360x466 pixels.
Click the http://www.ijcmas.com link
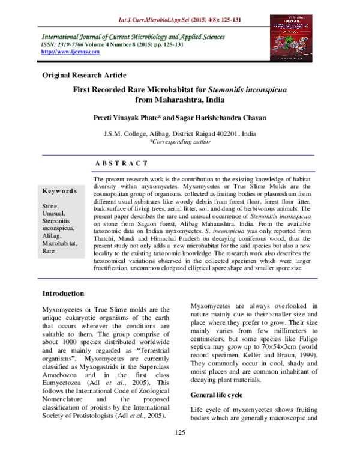(69, 52)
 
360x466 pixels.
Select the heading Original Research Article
(83, 75)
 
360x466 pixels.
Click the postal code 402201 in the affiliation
(226, 133)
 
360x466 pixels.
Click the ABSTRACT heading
(121, 163)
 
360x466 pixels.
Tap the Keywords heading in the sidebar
(59, 190)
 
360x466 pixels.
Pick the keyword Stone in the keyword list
(50, 206)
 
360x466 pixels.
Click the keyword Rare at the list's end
(48, 252)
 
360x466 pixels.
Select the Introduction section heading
(63, 294)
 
